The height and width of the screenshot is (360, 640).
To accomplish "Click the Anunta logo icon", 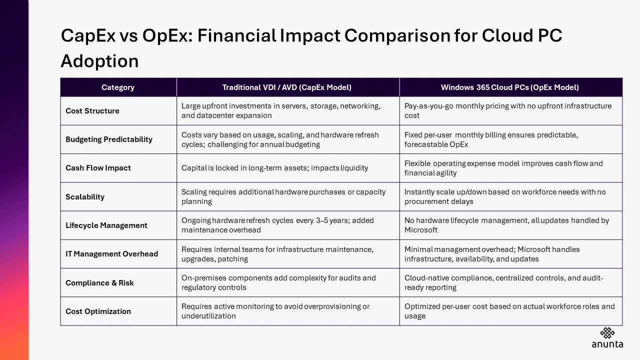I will point(607,333).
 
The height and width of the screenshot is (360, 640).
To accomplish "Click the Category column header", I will point(118,87).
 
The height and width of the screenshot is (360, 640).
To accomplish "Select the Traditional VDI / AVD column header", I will point(287,87).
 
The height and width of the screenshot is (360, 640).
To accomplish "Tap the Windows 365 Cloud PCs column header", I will point(509,87).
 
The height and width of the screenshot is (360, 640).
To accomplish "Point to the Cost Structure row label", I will point(92,111).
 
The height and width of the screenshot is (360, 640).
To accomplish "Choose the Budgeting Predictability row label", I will point(109,139).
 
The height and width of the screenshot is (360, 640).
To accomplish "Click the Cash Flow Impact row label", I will point(98,168).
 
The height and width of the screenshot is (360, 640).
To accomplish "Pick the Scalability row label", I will point(85,197).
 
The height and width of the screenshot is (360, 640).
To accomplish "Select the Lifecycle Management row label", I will point(106,225).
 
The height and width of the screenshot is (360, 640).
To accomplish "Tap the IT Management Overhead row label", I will point(111,254).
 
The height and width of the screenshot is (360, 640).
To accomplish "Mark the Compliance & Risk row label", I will point(99,283).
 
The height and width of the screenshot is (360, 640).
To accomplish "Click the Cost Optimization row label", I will point(98,311).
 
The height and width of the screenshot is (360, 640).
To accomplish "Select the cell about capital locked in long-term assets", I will point(274,168).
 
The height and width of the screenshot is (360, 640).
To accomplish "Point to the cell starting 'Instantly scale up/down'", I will point(505,196).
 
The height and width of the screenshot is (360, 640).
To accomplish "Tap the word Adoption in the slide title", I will point(99,61).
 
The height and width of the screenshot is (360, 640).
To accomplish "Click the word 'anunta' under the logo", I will point(607,344).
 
